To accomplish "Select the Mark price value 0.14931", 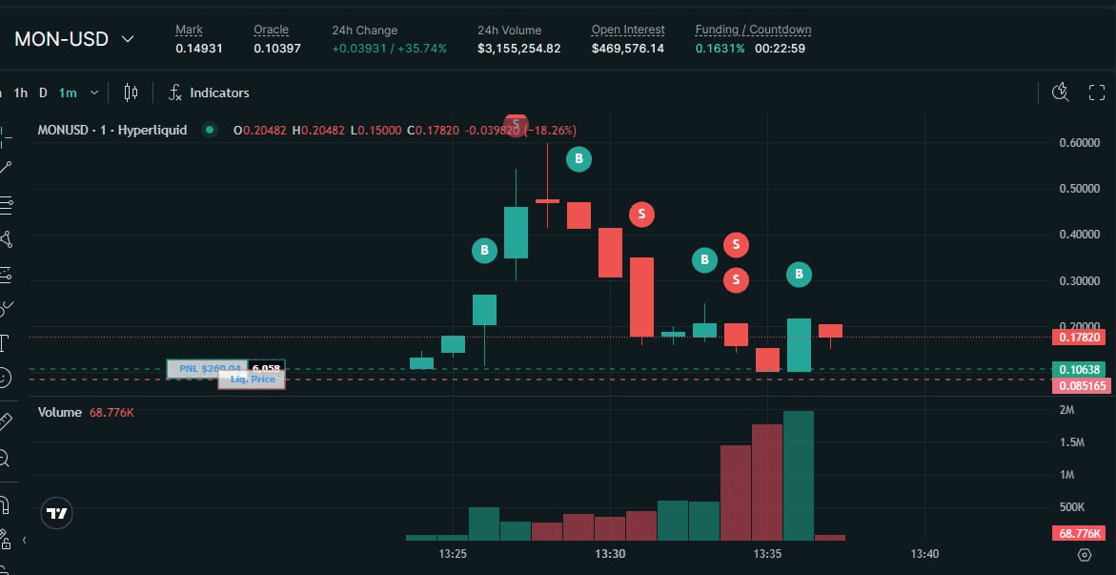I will (198, 49).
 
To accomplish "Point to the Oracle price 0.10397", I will (276, 49).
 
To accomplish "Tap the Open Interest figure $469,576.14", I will (628, 49).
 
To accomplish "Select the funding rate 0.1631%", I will (720, 49).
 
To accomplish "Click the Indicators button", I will (209, 92).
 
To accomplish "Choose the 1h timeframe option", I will (20, 92).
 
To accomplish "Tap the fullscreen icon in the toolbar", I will (1097, 92).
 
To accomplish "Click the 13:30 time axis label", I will (610, 554).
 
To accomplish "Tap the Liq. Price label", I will (252, 380).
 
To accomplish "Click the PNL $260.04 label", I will (207, 369).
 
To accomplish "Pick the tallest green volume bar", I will (799, 475).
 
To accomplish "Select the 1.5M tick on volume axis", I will (1073, 442).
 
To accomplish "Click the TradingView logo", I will (58, 513).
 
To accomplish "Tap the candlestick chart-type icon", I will (132, 92).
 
